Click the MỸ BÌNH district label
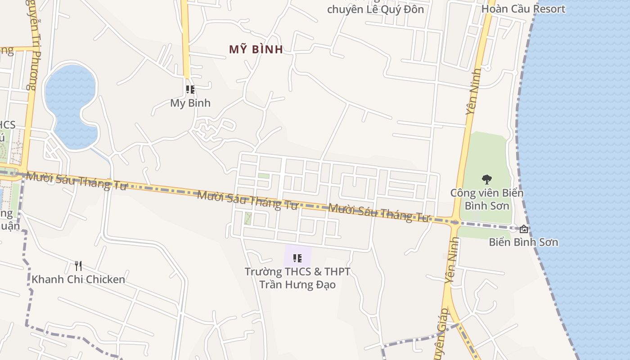coord(256,49)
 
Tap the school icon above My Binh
coord(190,90)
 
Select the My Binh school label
coord(190,103)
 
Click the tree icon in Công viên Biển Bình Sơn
coord(487,180)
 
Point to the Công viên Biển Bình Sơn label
coord(487,199)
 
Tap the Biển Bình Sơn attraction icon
coord(524,229)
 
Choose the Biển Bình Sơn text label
coord(523,242)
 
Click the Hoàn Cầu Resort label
coord(523,9)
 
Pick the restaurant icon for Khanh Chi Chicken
coord(78,266)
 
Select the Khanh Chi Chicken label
coord(78,279)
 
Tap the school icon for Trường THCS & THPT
coord(297,258)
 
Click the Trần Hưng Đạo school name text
coord(297,284)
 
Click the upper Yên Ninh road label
coord(474,91)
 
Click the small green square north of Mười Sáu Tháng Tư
coord(264,176)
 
